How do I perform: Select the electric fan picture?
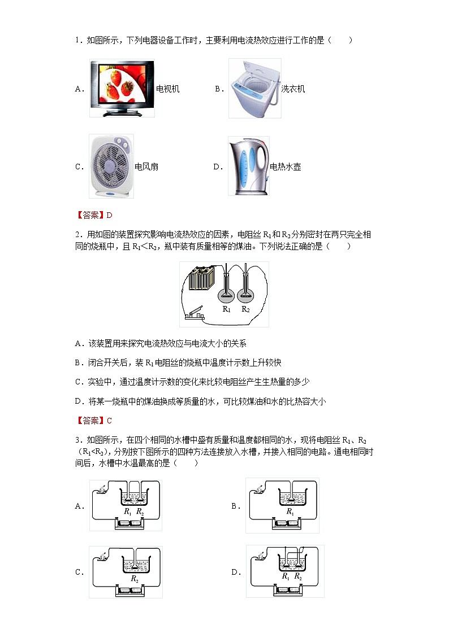tap(111, 166)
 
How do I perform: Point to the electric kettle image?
tap(248, 166)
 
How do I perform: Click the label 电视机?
tap(168, 89)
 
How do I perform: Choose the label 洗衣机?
tap(293, 89)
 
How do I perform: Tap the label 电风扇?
tap(147, 167)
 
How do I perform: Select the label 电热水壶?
tap(286, 167)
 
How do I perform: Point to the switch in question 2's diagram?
tap(194, 316)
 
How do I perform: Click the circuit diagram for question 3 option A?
tap(126, 505)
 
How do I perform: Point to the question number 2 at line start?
tap(77, 234)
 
